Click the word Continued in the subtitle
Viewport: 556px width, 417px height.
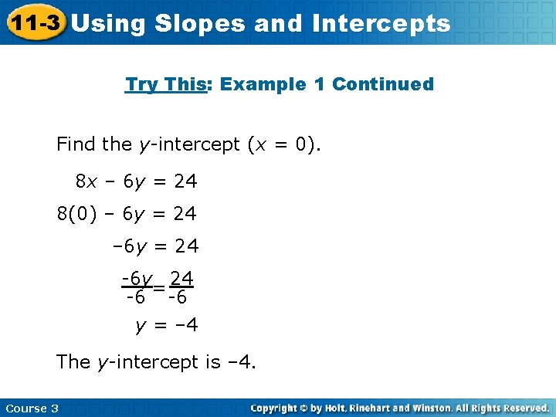[383, 84]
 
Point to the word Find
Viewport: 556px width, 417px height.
[76, 144]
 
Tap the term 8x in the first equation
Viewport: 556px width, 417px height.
[86, 181]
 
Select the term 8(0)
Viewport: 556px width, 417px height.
[77, 213]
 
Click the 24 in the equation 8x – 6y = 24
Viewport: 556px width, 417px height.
[185, 181]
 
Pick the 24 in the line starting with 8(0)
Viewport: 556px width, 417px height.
[185, 213]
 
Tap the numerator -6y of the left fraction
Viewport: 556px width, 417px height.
[136, 277]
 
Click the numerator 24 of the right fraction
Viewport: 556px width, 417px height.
[181, 277]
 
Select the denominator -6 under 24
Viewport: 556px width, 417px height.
[179, 297]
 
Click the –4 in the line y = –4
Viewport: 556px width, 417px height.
[187, 326]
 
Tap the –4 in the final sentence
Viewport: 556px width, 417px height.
[241, 361]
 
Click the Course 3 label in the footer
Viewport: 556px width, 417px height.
[32, 408]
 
